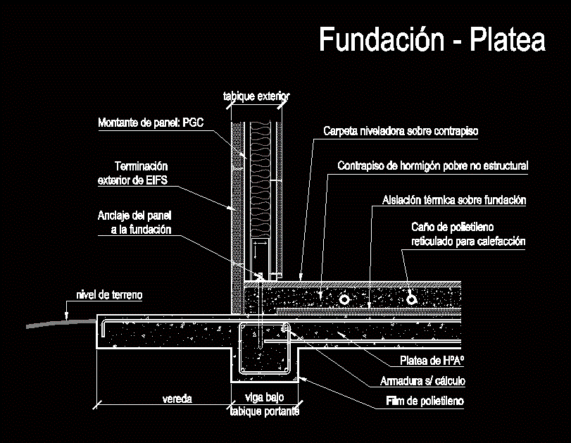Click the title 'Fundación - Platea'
click(x=432, y=39)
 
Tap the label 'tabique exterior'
click(x=256, y=96)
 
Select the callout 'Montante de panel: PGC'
click(x=151, y=123)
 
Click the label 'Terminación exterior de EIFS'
click(x=133, y=173)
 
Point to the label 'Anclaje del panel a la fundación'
click(x=134, y=223)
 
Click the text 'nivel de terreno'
click(x=109, y=294)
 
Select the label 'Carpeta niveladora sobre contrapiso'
click(x=401, y=131)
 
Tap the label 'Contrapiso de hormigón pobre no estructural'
click(x=432, y=166)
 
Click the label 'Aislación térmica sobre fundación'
click(x=454, y=200)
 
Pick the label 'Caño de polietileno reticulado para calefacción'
click(x=468, y=234)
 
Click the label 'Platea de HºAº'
click(x=432, y=361)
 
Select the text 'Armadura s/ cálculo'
click(x=422, y=381)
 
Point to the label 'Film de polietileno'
click(x=425, y=401)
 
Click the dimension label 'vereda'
click(x=177, y=399)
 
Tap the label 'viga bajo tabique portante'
click(x=265, y=404)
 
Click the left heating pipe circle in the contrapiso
click(x=344, y=300)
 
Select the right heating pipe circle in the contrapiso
click(x=411, y=299)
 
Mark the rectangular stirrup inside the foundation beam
click(x=265, y=349)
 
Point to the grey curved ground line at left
click(x=61, y=323)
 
